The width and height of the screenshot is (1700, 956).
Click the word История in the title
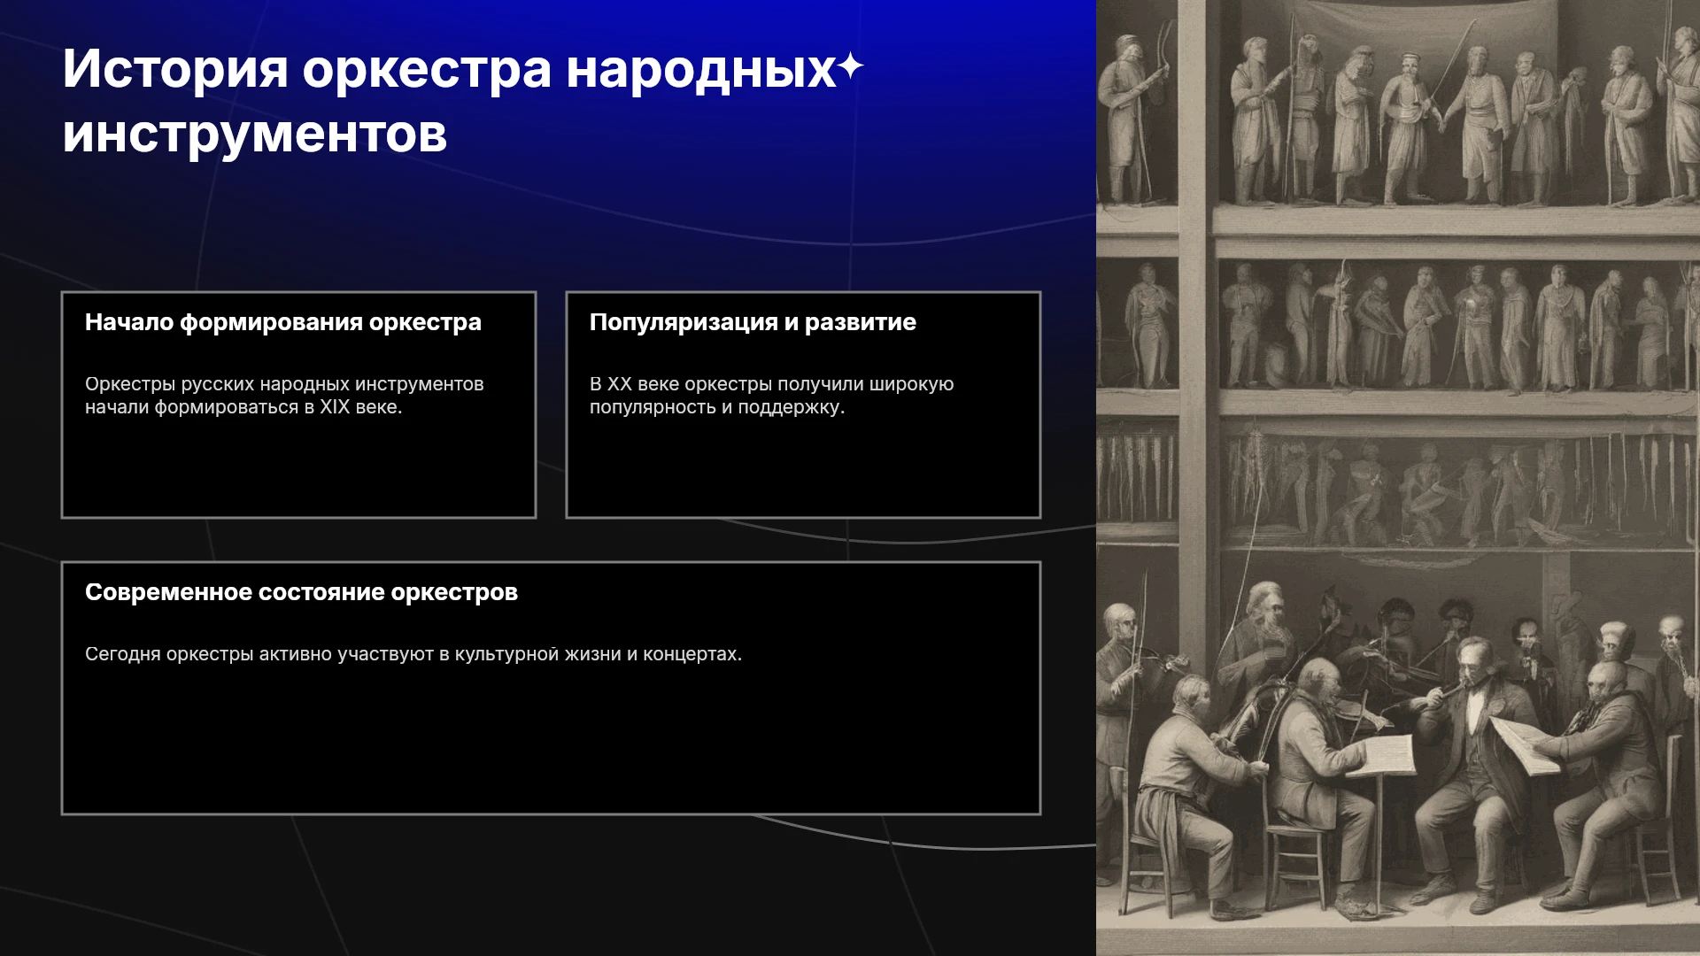pos(175,68)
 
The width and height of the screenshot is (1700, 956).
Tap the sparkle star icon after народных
pos(850,66)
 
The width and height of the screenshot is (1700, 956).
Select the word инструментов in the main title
pos(255,135)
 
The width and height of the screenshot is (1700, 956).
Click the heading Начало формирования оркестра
pos(283,322)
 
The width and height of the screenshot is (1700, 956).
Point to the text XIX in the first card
pos(335,407)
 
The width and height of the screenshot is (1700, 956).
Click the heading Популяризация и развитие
pos(753,322)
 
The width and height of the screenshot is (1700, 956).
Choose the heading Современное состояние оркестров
pos(301,592)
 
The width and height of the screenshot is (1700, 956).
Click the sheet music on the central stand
pos(1389,755)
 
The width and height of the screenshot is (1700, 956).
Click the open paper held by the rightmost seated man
pos(1525,744)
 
